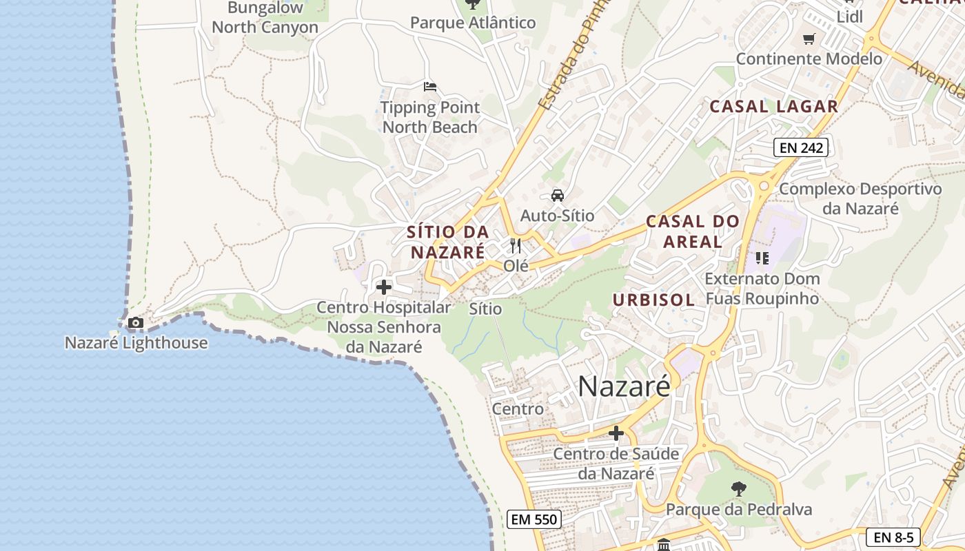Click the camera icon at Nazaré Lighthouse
tap(136, 322)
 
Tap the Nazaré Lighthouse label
tap(136, 342)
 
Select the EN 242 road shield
tap(800, 147)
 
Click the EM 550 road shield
tap(534, 519)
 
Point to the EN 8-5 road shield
tap(893, 537)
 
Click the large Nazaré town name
tap(624, 386)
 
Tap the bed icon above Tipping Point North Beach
tap(430, 87)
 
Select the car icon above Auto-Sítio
tap(558, 196)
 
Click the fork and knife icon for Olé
tap(516, 245)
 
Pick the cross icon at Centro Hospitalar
tap(384, 287)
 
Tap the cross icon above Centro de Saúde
tap(616, 433)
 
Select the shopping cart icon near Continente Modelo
tap(809, 39)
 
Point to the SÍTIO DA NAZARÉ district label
tap(448, 242)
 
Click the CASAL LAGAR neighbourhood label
tap(774, 107)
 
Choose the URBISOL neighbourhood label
tap(653, 300)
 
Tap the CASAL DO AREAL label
tap(692, 231)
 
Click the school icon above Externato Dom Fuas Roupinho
tap(762, 258)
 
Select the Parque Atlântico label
tap(473, 23)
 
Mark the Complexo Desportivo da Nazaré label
tap(860, 198)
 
